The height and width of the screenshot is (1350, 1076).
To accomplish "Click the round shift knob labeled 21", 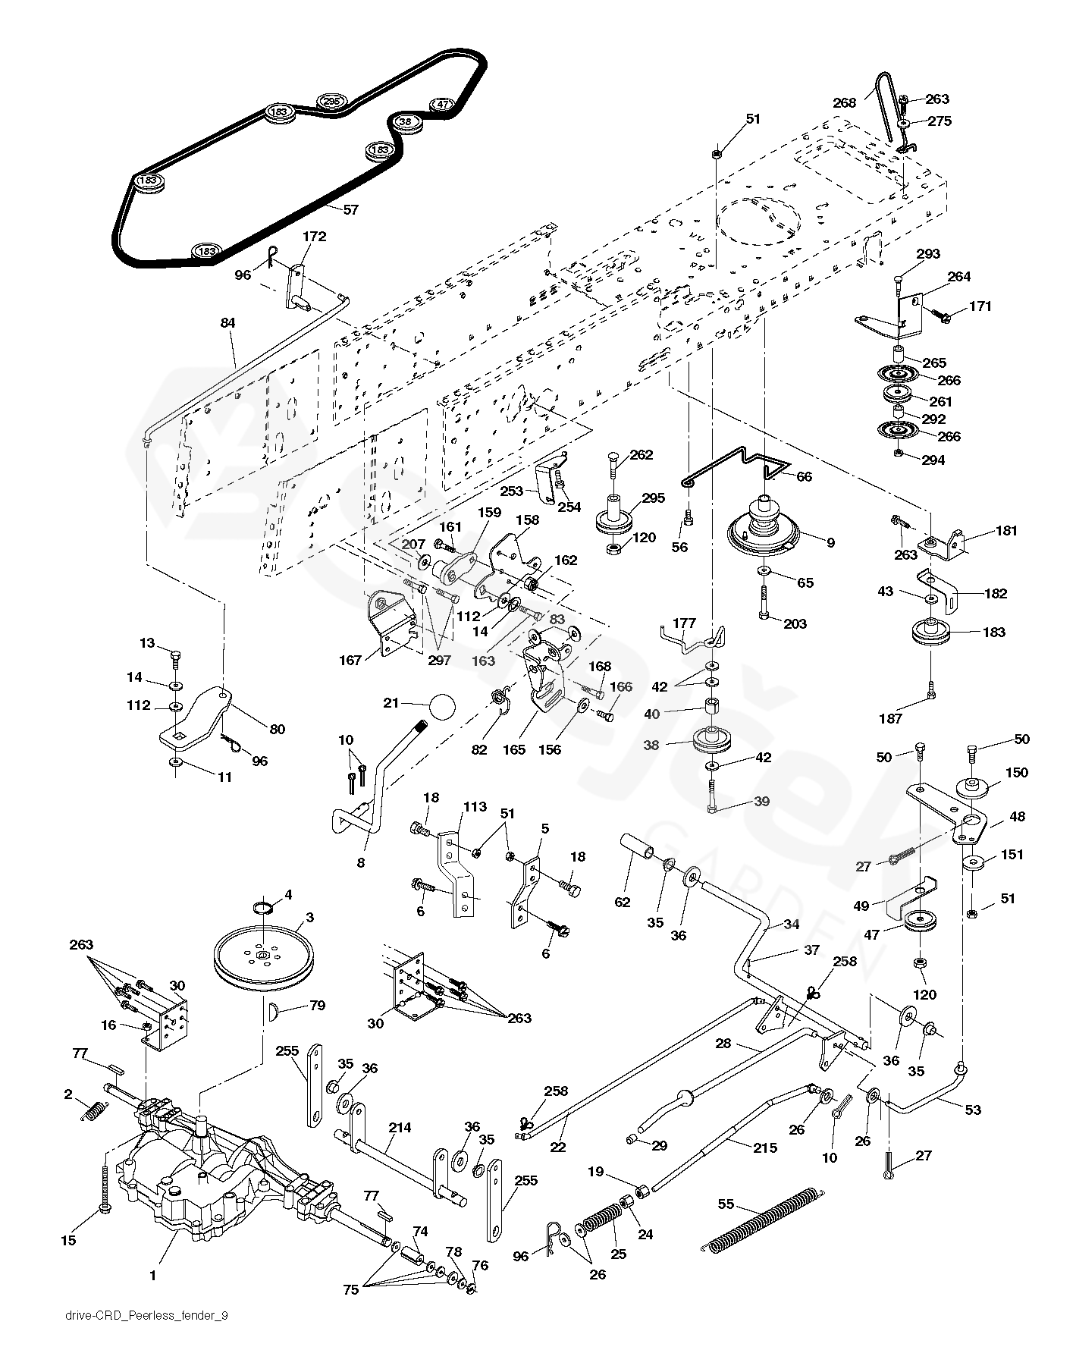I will pyautogui.click(x=441, y=708).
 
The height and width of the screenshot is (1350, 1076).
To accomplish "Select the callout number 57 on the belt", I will pyautogui.click(x=350, y=209).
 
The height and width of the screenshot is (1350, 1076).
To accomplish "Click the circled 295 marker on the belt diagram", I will pyautogui.click(x=330, y=101).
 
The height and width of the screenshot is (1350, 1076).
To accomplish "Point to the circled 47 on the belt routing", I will pyautogui.click(x=441, y=105).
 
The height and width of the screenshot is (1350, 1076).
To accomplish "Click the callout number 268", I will pyautogui.click(x=844, y=103).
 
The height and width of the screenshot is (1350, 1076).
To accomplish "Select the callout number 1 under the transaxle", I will pyautogui.click(x=152, y=1276).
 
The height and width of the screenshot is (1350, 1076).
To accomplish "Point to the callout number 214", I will pyautogui.click(x=400, y=1128).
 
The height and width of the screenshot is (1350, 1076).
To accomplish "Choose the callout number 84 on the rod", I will pyautogui.click(x=227, y=323).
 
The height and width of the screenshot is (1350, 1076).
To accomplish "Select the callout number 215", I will pyautogui.click(x=764, y=1148).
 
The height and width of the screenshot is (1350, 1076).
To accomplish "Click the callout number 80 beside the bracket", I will pyautogui.click(x=278, y=729).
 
